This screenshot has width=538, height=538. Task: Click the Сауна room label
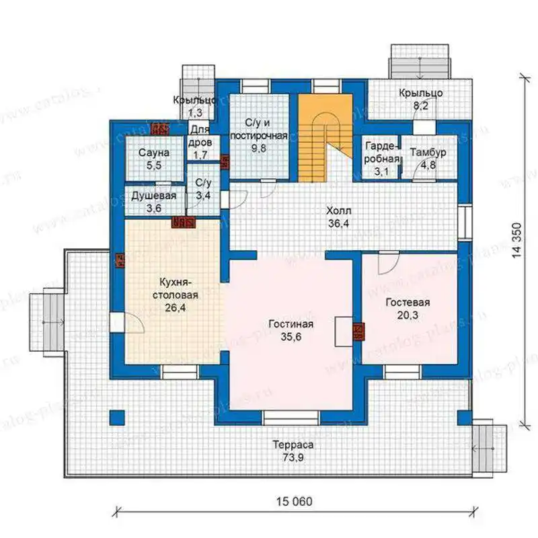click(x=154, y=153)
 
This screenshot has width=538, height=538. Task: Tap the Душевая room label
click(x=154, y=196)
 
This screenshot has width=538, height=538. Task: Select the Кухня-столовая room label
click(x=176, y=289)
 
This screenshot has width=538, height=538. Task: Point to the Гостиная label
click(x=291, y=324)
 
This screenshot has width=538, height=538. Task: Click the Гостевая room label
click(x=408, y=302)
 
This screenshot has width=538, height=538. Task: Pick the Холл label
click(x=339, y=210)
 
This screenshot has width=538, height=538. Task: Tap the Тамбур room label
click(x=428, y=153)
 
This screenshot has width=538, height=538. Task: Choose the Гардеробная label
click(x=382, y=153)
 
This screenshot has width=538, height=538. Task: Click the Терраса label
click(x=293, y=445)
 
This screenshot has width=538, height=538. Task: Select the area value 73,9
click(x=293, y=457)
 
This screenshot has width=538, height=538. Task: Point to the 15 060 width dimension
click(x=295, y=501)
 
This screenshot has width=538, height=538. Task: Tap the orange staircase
click(x=325, y=138)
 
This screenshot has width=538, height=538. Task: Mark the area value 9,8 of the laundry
click(x=259, y=149)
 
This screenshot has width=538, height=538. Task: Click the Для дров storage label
click(x=200, y=142)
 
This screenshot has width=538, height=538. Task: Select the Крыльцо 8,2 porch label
click(x=421, y=99)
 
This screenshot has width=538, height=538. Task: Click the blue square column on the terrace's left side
click(x=117, y=418)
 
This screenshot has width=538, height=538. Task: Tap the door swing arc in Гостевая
click(x=389, y=264)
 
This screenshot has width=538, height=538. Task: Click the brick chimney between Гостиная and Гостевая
click(x=358, y=332)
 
